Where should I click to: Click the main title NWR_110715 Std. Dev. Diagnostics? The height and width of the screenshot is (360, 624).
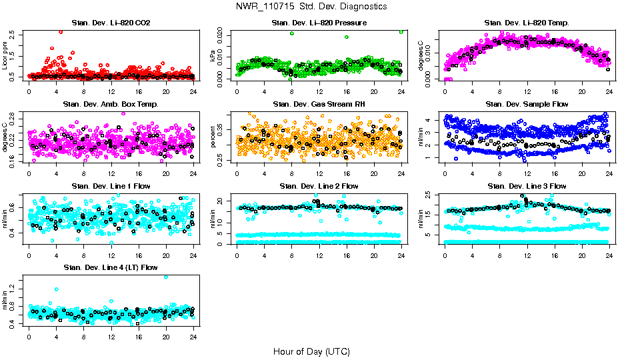(x=311, y=7)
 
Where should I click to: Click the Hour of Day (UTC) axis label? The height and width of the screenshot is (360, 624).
(x=311, y=351)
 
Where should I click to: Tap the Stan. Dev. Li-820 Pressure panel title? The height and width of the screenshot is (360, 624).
(x=319, y=23)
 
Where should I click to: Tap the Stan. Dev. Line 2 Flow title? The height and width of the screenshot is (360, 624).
(x=319, y=186)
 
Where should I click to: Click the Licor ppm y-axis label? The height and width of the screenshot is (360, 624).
(x=5, y=55)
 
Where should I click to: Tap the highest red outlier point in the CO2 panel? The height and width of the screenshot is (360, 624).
(x=61, y=32)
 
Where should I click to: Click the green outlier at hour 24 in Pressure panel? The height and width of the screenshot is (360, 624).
(x=401, y=31)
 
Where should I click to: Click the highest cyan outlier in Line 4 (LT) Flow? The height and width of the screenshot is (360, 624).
(x=165, y=277)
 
